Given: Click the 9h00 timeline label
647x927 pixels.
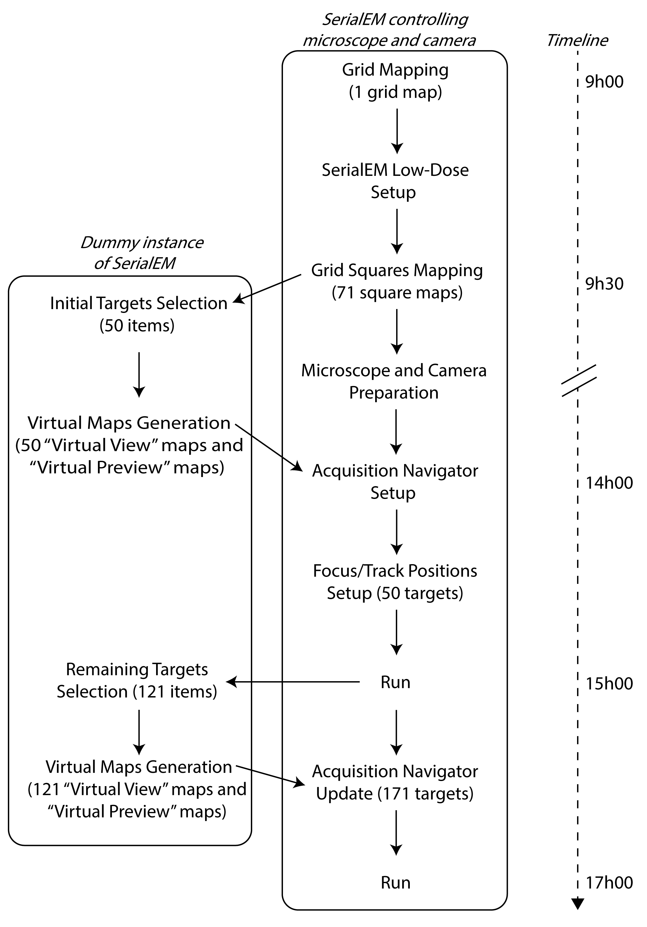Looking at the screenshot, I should [x=604, y=82].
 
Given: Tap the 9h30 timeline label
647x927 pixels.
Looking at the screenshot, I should [x=604, y=284].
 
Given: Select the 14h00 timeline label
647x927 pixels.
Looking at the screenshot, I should [x=609, y=483].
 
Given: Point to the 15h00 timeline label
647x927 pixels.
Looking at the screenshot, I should [x=609, y=684].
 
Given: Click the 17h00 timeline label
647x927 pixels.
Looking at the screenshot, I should [x=609, y=883].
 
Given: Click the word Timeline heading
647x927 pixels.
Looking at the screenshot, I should [x=577, y=40].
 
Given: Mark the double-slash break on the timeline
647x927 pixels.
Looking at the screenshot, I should [x=579, y=380].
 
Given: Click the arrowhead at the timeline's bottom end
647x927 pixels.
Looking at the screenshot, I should [x=578, y=903].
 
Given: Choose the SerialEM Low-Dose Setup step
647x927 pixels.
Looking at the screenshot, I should [x=395, y=181].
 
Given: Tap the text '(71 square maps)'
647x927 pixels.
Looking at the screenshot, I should [x=397, y=293].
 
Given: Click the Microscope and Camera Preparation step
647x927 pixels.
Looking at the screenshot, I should [x=394, y=382].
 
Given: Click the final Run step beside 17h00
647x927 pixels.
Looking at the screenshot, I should [x=396, y=883].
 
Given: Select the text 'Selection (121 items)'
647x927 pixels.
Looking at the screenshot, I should [x=137, y=692].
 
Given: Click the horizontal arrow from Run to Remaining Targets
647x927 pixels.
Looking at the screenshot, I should [x=293, y=682].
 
